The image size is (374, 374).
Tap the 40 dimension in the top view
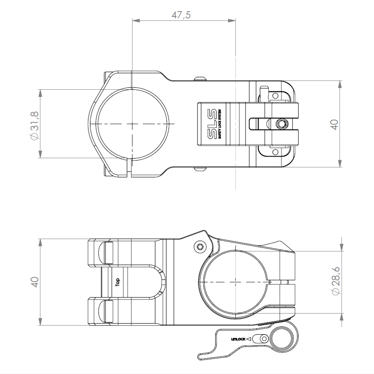[335, 124]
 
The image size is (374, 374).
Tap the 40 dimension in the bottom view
[35, 282]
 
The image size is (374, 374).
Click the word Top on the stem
[118, 283]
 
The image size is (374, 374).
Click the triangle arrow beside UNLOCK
[249, 339]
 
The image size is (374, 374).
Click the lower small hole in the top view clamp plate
[275, 152]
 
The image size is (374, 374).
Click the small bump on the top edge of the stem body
[200, 79]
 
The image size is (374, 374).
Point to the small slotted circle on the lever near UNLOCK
[263, 339]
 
